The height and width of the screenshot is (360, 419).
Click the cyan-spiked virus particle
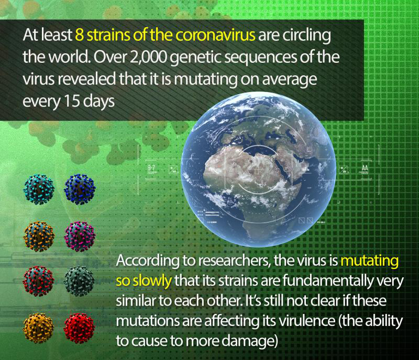pos(39,189)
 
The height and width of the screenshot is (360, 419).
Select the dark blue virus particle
pos(80,189)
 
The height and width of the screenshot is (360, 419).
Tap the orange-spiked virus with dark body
pos(39,237)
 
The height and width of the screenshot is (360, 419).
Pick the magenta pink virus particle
pos(80,237)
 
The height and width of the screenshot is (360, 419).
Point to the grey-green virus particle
pos(79,281)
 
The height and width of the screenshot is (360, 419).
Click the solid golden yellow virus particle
pos(39,328)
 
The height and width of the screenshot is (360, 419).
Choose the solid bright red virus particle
pos(80,328)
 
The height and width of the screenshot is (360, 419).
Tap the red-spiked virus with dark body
pos(38,281)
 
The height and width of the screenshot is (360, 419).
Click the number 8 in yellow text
pos(79,35)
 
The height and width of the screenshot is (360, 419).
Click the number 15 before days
pos(72,101)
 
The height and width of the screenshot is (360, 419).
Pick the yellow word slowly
pos(152,280)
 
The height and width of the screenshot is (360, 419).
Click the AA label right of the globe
pos(365,168)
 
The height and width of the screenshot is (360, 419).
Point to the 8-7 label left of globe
pos(151,168)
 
